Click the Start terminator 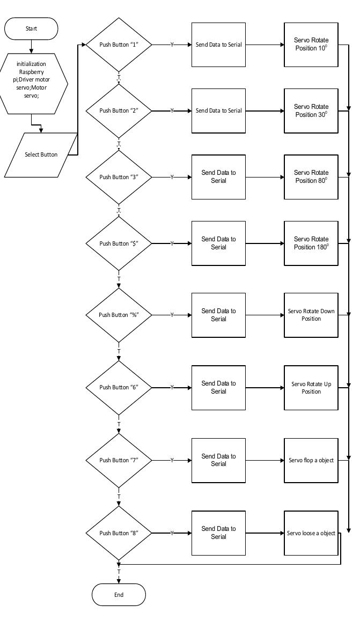click(32, 28)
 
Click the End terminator click(119, 594)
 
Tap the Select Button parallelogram click(41, 154)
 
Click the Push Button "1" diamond click(119, 45)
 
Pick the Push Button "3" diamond click(119, 177)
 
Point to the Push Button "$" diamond click(119, 243)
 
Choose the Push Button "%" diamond click(119, 315)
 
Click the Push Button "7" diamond click(119, 460)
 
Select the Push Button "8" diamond click(119, 533)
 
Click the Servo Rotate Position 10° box click(311, 45)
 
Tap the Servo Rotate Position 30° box click(311, 110)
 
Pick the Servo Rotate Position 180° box click(311, 243)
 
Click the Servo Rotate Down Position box click(311, 315)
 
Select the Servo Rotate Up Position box click(311, 387)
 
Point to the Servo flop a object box click(311, 460)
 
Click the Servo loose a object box click(311, 533)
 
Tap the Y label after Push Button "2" click(172, 110)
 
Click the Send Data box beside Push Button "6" click(218, 387)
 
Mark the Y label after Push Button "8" click(172, 533)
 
